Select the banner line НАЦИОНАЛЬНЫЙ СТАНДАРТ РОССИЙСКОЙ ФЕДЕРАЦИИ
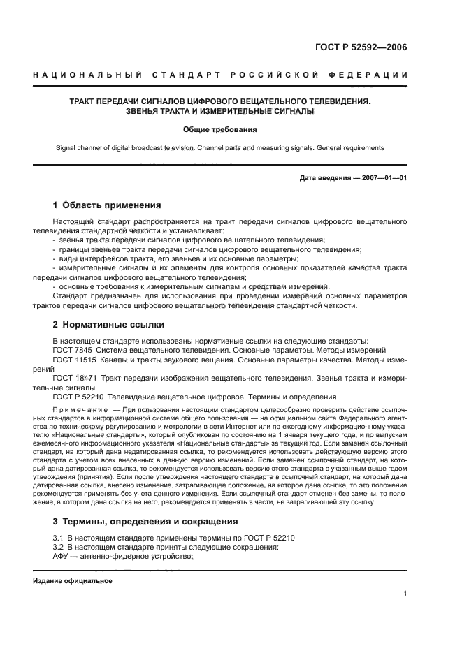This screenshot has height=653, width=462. click(221, 75)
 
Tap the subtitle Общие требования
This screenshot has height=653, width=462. click(220, 129)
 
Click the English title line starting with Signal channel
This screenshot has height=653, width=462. click(220, 148)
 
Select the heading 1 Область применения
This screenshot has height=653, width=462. click(107, 205)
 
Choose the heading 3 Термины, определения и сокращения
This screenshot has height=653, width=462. click(145, 521)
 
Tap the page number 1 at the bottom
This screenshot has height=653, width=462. click(405, 594)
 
